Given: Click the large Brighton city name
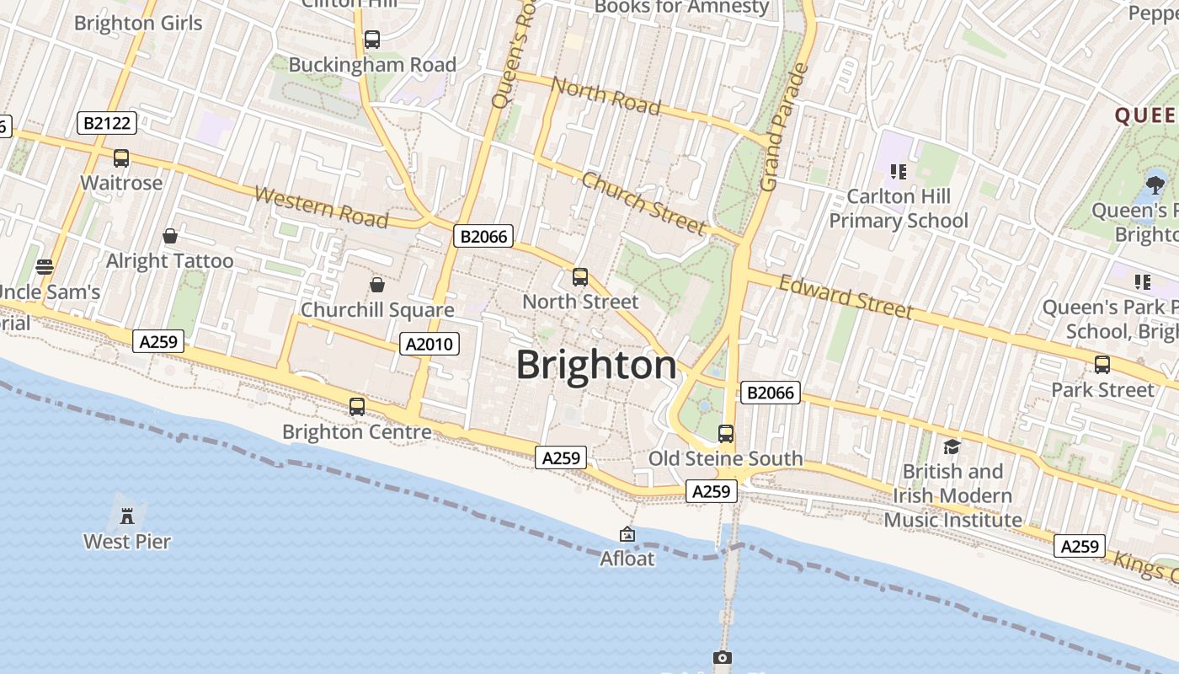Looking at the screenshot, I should [x=596, y=366].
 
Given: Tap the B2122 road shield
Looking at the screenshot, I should [x=108, y=123].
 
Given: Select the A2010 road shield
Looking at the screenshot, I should [x=429, y=343].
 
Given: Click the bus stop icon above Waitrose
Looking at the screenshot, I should [x=121, y=158].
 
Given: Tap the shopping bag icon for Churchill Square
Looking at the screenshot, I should [x=376, y=285].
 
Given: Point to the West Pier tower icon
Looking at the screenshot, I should [x=127, y=515].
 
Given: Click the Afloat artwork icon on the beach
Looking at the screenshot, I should [x=627, y=534].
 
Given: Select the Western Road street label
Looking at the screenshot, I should [x=321, y=207].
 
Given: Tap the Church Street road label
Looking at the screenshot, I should [x=643, y=203].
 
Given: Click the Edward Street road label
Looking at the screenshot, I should [x=845, y=297].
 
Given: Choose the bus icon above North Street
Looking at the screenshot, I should [x=579, y=276].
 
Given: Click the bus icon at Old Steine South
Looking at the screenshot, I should [x=725, y=434].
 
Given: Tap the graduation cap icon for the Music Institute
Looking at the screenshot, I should [x=952, y=447].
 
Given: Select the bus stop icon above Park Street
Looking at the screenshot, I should [x=1102, y=365].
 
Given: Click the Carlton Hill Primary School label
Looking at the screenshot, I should [x=899, y=208].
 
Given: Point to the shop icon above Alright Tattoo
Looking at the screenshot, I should [x=170, y=236].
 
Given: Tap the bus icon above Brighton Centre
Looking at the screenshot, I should [x=357, y=407].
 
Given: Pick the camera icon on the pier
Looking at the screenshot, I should [x=722, y=657].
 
